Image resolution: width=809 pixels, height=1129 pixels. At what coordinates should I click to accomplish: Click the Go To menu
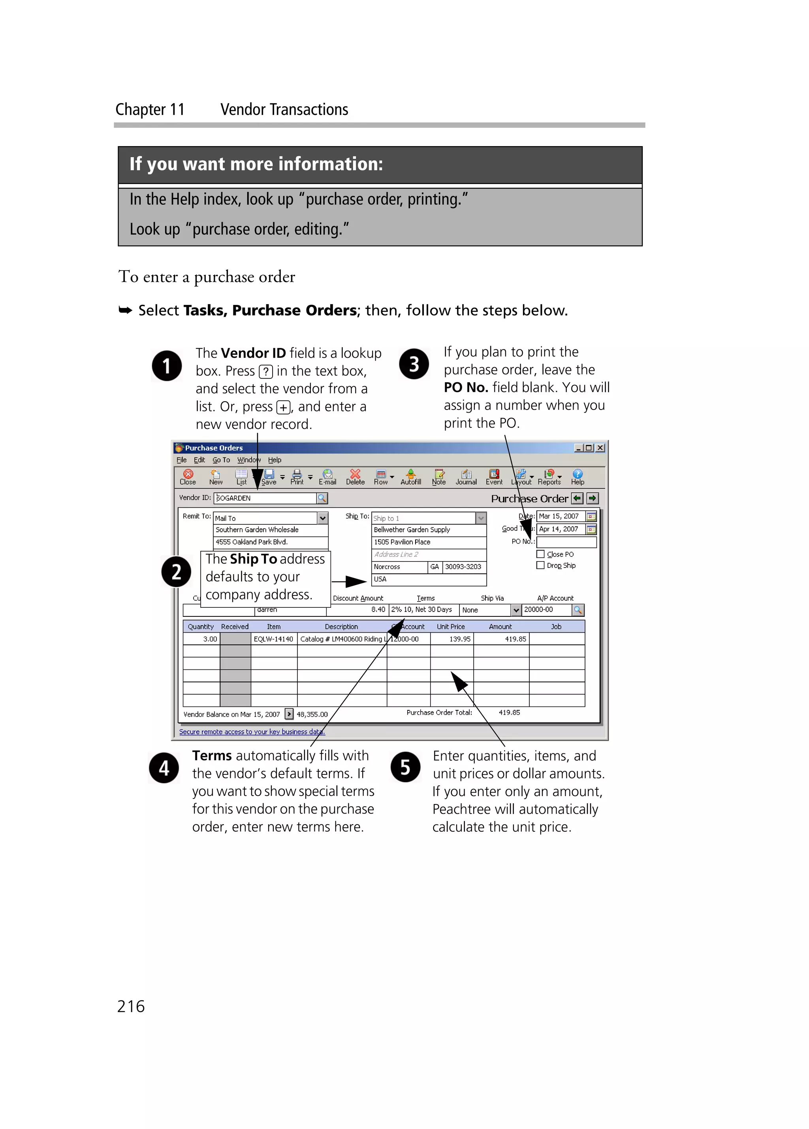(221, 460)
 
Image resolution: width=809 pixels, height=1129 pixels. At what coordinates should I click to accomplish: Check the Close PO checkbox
(540, 554)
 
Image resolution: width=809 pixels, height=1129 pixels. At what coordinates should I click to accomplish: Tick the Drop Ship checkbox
(540, 565)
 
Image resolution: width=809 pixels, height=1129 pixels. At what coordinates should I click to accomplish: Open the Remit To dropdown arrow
(323, 518)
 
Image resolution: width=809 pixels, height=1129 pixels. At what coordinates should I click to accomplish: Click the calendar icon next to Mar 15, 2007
(591, 516)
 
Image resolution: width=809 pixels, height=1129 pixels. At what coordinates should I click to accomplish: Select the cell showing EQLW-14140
(273, 639)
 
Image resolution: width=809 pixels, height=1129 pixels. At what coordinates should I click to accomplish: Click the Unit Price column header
(451, 627)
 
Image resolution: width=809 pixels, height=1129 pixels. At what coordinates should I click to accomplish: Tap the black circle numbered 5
(405, 767)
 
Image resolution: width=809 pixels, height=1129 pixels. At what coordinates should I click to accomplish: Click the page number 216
(131, 1006)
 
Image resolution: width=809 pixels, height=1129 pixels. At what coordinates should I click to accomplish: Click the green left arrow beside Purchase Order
(577, 498)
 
